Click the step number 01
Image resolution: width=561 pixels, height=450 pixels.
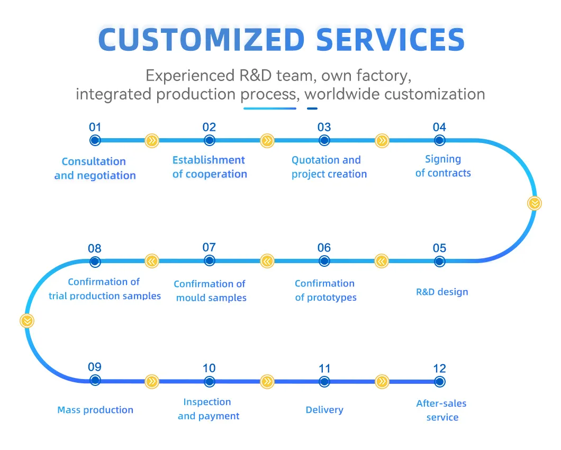95,127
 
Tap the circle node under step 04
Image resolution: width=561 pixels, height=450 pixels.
439,140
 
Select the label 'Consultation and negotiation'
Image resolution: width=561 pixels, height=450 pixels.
95,168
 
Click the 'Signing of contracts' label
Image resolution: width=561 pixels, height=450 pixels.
443,166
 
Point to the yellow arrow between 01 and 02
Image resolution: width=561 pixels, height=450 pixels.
152,140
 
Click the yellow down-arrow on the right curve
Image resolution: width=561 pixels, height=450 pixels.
535,203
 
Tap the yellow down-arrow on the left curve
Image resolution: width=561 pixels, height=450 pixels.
27,320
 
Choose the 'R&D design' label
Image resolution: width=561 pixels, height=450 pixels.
442,291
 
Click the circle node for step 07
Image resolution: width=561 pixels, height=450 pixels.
210,260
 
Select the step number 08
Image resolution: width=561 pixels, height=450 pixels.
95,248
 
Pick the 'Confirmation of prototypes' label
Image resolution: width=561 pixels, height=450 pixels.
325,290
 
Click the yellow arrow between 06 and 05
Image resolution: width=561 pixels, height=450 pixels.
382,260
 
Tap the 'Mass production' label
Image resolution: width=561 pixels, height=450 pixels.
95,410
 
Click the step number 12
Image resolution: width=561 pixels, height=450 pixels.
439,368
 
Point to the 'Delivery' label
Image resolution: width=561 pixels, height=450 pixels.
324,410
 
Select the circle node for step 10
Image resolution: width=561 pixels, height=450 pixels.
210,381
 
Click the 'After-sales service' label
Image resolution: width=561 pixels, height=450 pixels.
442,410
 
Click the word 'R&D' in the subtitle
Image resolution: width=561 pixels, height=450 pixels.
254,75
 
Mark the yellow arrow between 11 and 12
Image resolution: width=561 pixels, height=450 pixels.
382,381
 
